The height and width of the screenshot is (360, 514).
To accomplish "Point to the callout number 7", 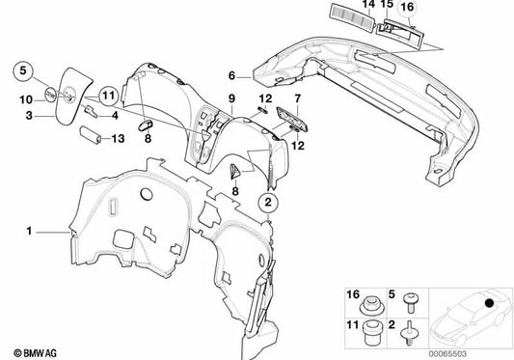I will pyautogui.click(x=297, y=99).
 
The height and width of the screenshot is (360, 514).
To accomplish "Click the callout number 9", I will pyautogui.click(x=231, y=99).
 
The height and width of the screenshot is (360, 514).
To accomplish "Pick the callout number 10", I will pyautogui.click(x=26, y=98).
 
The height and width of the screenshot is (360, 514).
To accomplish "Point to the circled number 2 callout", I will pyautogui.click(x=269, y=204).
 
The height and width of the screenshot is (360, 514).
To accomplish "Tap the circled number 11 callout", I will pyautogui.click(x=106, y=95).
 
